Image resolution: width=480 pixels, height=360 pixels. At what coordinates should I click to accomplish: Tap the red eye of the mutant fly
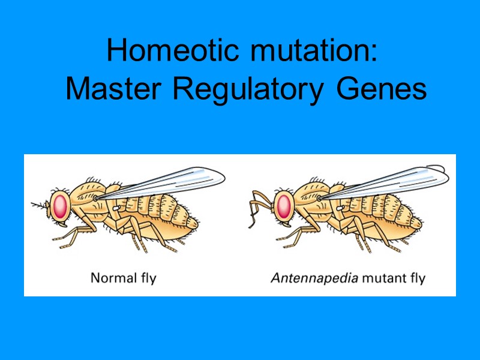(284, 205)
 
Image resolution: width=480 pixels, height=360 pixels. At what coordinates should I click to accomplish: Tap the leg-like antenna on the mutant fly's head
(258, 207)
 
